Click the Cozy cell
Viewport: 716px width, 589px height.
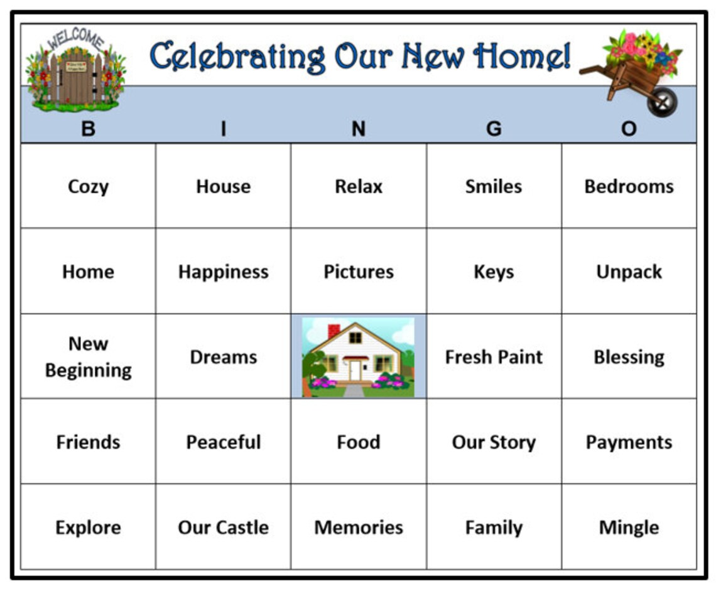[x=88, y=186]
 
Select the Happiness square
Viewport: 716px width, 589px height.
[x=224, y=271]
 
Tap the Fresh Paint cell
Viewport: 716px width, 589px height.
[x=494, y=356]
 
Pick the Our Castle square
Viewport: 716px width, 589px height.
[x=224, y=527]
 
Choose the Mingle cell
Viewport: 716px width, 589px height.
[x=629, y=527]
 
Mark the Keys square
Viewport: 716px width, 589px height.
[x=494, y=271]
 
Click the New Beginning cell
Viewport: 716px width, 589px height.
[x=88, y=356]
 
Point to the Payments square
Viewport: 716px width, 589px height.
[x=629, y=442]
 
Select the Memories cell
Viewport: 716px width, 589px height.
[x=359, y=527]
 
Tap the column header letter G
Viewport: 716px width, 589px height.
[x=494, y=129]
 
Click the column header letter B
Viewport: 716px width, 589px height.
[x=88, y=129]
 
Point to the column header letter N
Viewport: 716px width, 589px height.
[x=359, y=129]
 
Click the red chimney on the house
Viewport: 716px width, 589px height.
[x=334, y=331]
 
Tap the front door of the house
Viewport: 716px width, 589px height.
[x=355, y=371]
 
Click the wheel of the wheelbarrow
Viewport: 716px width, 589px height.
[x=662, y=102]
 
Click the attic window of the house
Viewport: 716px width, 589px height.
[x=355, y=337]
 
